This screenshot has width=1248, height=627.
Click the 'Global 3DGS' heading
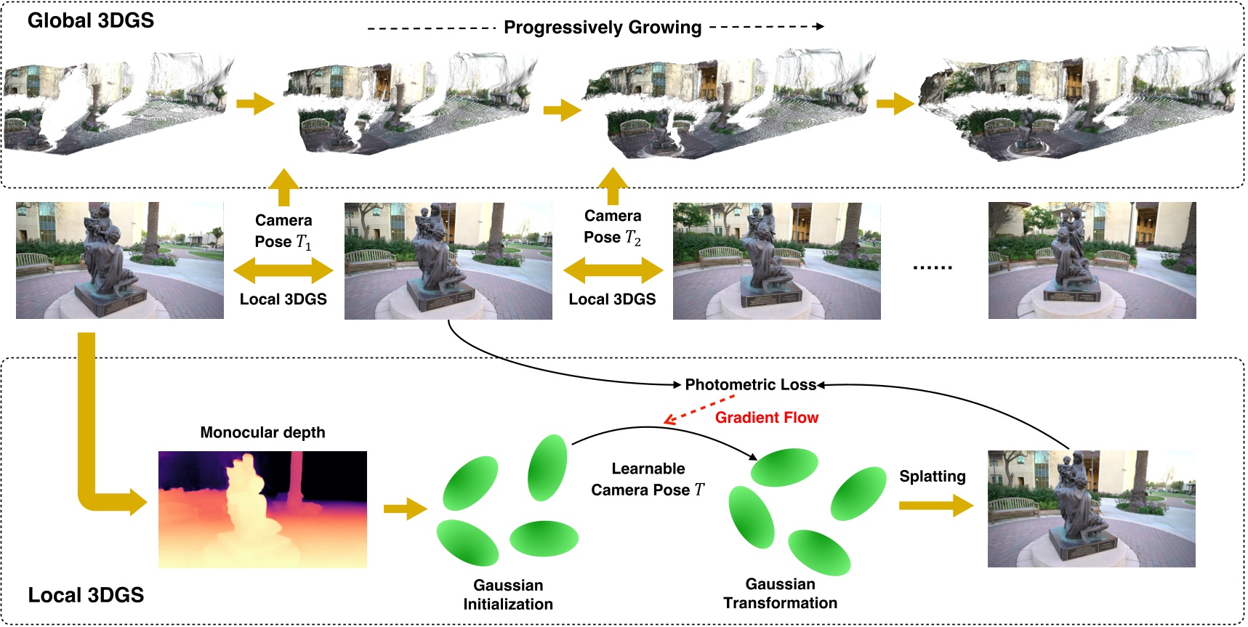pyautogui.click(x=90, y=20)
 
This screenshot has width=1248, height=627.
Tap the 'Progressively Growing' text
pyautogui.click(x=602, y=28)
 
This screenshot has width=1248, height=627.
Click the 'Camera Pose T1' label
pyautogui.click(x=283, y=231)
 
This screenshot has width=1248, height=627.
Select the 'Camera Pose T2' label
pyautogui.click(x=612, y=227)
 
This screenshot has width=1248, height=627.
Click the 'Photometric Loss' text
pyautogui.click(x=750, y=385)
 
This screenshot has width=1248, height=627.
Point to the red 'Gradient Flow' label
pyautogui.click(x=766, y=418)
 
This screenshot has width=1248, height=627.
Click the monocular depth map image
pyautogui.click(x=262, y=509)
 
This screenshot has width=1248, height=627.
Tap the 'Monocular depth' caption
pyautogui.click(x=262, y=432)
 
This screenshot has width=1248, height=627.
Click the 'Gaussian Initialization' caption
pyautogui.click(x=508, y=594)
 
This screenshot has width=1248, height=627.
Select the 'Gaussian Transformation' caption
pyautogui.click(x=780, y=594)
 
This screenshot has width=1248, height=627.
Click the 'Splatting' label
pyautogui.click(x=932, y=477)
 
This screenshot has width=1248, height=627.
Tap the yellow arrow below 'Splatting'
pyautogui.click(x=935, y=505)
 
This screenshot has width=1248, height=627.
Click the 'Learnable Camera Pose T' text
pyautogui.click(x=648, y=480)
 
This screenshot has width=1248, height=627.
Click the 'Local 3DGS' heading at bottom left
pyautogui.click(x=86, y=595)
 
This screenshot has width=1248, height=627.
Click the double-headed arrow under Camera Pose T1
pyautogui.click(x=283, y=271)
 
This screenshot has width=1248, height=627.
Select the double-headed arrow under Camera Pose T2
pyautogui.click(x=613, y=271)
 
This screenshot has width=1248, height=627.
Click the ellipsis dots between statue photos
pyautogui.click(x=932, y=267)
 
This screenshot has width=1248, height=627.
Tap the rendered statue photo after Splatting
pyautogui.click(x=1091, y=509)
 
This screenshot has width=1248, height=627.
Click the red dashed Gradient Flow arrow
pyautogui.click(x=699, y=409)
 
